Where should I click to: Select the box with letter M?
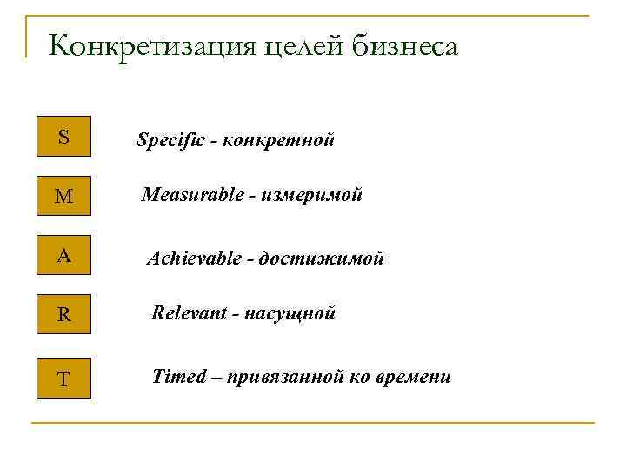63,197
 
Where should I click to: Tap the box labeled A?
63,256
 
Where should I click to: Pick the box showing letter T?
63,378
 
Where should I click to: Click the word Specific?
170,140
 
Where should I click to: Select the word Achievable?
195,258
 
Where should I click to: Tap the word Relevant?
186,313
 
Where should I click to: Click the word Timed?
179,377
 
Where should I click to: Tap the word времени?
415,377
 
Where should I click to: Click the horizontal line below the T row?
313,424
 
